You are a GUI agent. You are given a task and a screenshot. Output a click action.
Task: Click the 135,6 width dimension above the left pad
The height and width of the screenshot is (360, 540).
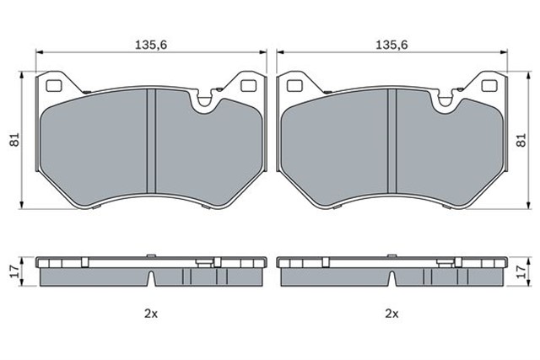point(151,45)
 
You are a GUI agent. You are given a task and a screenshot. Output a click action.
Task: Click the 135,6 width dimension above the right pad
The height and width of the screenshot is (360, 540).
point(391,45)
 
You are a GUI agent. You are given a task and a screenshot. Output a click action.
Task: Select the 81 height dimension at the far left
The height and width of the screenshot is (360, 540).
point(15,140)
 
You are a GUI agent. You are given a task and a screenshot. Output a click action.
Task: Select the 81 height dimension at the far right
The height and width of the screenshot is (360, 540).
point(522,140)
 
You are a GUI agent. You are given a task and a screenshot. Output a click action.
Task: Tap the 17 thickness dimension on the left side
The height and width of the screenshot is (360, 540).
point(13,271)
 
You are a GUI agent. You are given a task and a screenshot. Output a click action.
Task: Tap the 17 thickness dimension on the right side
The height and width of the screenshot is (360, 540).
point(522,271)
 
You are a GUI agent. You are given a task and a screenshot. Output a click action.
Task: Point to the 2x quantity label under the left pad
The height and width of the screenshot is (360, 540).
point(151,314)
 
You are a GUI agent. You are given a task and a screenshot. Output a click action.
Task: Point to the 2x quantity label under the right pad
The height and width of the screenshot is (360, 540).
point(391,314)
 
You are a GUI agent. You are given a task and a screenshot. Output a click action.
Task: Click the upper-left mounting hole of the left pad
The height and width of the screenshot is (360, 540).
point(54,86)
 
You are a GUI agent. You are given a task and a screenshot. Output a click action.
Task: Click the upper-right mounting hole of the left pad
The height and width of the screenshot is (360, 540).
point(248,86)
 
